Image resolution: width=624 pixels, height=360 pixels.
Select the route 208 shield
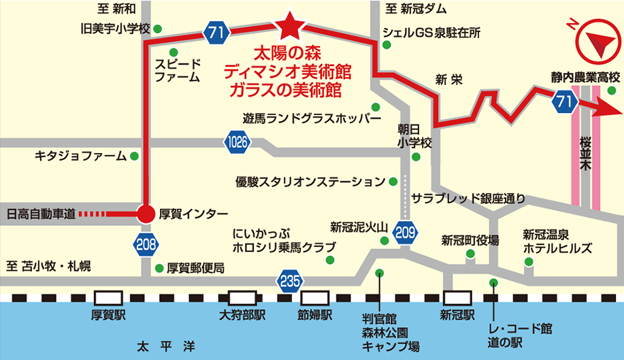[x=147, y=245]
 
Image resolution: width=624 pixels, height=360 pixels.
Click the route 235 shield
[x=288, y=279]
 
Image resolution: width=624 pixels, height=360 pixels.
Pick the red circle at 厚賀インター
[x=146, y=214]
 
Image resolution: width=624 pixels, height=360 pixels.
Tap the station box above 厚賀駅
[x=109, y=298]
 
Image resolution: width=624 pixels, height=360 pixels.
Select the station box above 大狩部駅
[x=242, y=298]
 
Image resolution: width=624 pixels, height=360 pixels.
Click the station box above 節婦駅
[x=315, y=298]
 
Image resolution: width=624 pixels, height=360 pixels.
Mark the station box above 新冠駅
[x=457, y=298]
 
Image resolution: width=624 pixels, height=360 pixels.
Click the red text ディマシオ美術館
[x=287, y=71]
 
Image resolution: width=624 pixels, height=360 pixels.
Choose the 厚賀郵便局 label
[x=195, y=268]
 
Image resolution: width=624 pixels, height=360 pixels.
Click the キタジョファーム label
[x=81, y=157]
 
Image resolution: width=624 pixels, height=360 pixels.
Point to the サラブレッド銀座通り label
[x=469, y=199]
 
